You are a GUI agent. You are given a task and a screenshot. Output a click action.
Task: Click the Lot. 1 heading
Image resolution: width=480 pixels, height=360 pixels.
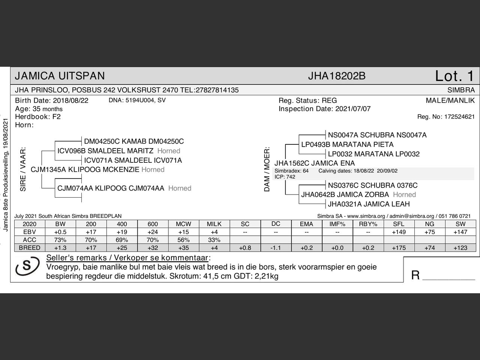click(x=454, y=76)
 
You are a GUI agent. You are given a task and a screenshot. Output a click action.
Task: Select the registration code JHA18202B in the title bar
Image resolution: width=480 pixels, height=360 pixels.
click(x=336, y=76)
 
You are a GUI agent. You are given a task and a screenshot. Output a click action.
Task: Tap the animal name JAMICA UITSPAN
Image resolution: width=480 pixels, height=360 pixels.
click(x=60, y=76)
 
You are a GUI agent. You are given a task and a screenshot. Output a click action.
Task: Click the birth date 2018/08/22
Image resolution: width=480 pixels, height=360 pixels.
click(x=70, y=100)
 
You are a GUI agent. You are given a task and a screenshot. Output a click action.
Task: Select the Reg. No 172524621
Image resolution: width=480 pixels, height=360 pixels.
click(x=459, y=117)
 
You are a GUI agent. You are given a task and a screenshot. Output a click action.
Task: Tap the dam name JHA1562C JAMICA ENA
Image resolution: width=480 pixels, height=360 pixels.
click(x=314, y=163)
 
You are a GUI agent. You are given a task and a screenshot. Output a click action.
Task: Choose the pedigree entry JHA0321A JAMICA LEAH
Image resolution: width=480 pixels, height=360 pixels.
click(x=369, y=204)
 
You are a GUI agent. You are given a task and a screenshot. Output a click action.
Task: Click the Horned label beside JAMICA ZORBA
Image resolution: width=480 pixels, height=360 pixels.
click(x=404, y=195)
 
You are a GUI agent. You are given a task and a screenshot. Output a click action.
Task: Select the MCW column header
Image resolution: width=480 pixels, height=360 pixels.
click(x=183, y=224)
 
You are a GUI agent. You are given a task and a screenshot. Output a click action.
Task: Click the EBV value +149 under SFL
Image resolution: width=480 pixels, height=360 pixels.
click(x=399, y=232)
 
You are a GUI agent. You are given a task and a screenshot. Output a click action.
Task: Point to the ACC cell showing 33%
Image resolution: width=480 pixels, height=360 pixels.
click(x=214, y=240)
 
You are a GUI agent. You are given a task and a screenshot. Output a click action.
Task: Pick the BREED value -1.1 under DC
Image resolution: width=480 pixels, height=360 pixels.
click(x=276, y=248)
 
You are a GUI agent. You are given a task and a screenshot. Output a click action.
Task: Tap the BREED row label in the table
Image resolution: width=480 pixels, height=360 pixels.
click(x=29, y=248)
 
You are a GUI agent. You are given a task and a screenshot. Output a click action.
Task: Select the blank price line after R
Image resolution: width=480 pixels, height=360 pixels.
click(x=448, y=276)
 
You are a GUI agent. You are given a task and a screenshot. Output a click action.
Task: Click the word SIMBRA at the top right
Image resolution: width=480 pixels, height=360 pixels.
click(x=461, y=90)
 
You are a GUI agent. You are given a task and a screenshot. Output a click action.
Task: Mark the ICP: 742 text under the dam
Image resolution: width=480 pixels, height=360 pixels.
click(x=285, y=177)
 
